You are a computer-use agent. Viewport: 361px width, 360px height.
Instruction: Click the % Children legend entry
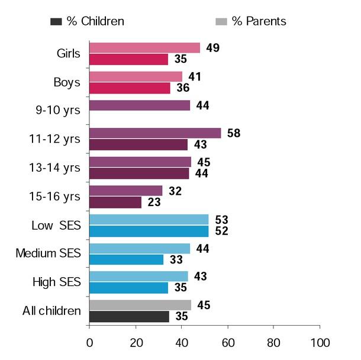pos(88,21)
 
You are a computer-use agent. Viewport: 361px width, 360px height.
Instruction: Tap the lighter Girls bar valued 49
pos(144,48)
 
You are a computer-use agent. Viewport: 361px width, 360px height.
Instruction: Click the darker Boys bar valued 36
pos(130,88)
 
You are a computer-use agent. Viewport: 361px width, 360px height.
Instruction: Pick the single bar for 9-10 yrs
pos(140,105)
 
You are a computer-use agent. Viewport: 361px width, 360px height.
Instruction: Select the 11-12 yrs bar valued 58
pos(155,133)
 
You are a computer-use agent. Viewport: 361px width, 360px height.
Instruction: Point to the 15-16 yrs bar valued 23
pos(115,202)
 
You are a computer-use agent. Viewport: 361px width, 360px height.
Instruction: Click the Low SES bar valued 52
pos(149,231)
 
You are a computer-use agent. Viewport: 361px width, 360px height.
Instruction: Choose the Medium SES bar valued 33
pos(126,259)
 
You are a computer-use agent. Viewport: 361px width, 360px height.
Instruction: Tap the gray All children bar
pos(140,305)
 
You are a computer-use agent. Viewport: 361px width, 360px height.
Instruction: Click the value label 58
pos(234,133)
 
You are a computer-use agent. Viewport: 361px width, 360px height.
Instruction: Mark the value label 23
pos(154,202)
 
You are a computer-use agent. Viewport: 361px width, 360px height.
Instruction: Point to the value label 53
pos(221,220)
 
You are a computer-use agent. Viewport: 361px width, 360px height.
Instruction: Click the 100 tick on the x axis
pos(320,343)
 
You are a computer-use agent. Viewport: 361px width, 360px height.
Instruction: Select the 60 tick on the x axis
pos(228,343)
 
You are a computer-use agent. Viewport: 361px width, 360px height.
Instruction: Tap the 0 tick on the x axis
pos(89,343)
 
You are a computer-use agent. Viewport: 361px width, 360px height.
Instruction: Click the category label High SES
pos(56,282)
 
